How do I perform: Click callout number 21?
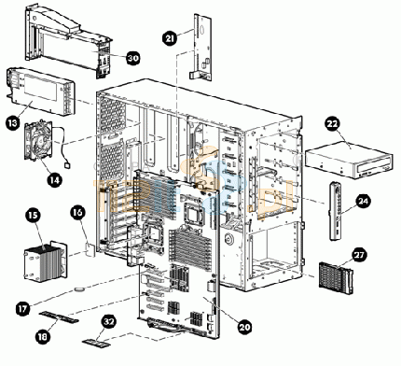click(170, 38)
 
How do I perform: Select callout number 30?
click(133, 58)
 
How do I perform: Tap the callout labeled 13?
click(13, 123)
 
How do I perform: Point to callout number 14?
click(55, 179)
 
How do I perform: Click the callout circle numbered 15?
click(34, 215)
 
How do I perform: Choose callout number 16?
click(77, 212)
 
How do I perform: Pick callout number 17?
click(23, 308)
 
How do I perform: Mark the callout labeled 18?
click(43, 336)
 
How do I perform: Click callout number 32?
click(108, 322)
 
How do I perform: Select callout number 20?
click(245, 327)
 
